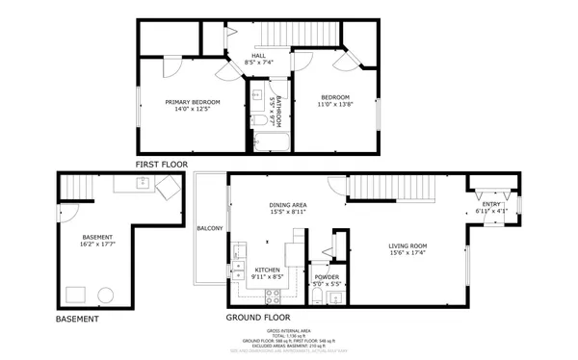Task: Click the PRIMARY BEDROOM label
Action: coord(193,102)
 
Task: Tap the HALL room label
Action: coord(259,56)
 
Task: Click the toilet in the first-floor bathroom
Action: coord(260,120)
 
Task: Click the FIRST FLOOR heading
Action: coord(161,165)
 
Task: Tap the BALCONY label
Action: coord(210,228)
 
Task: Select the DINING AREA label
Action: coord(288,205)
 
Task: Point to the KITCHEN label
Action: coord(267,270)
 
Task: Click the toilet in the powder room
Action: coord(334,297)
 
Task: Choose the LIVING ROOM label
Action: coord(407,244)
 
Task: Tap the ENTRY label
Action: coord(491,204)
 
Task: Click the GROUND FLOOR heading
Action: coord(257,317)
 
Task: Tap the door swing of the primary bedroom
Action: coord(171,67)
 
